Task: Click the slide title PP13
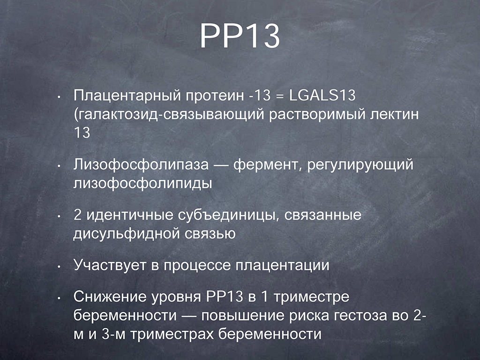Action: point(240,36)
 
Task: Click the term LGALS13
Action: point(322,95)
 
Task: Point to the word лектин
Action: point(394,114)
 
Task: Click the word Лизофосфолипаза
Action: point(141,165)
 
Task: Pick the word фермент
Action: point(265,165)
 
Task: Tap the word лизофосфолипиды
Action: point(142,184)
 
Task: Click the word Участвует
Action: point(110,265)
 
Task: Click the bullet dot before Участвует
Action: point(59,266)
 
